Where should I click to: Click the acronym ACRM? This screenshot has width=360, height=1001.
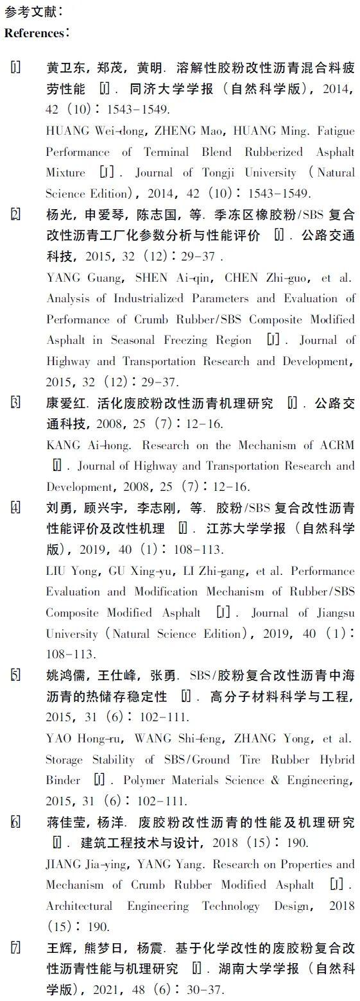coord(336,445)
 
